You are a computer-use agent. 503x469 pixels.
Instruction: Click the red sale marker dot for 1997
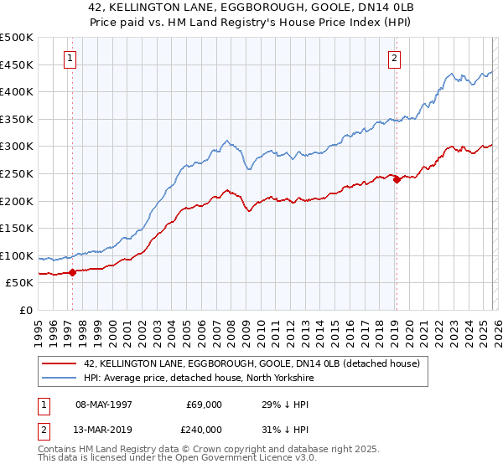[x=73, y=271]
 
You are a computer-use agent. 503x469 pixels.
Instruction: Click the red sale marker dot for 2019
[x=397, y=178]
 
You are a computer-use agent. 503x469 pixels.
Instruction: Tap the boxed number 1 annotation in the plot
[x=69, y=58]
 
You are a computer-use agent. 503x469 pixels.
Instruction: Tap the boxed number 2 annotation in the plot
[x=393, y=58]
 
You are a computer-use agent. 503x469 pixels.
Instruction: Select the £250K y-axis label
[x=17, y=173]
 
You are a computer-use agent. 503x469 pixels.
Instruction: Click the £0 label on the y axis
[x=27, y=310]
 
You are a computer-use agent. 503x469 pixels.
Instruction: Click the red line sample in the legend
[x=60, y=363]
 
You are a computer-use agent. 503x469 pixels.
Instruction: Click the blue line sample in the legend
[x=60, y=377]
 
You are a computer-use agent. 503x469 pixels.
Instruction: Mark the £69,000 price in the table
[x=205, y=404]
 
